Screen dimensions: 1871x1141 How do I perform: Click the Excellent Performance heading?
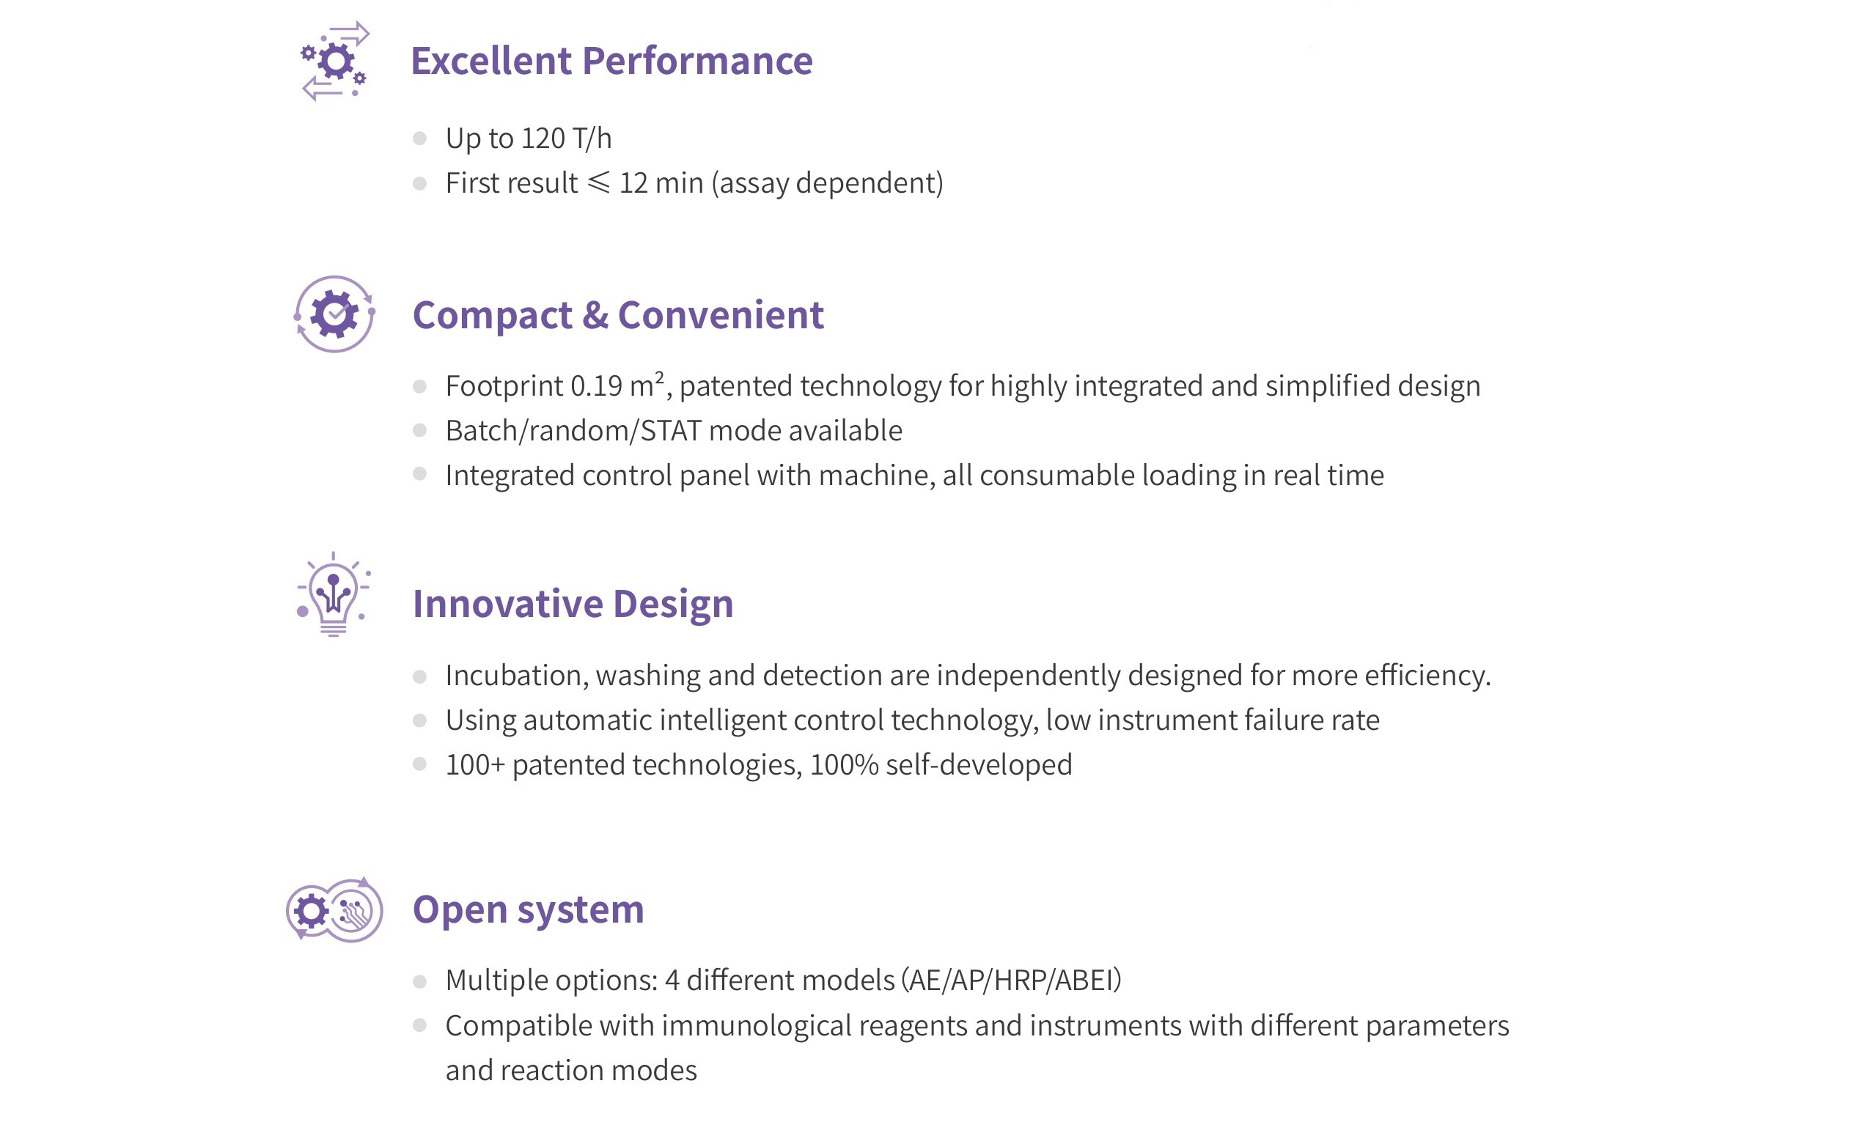point(611,61)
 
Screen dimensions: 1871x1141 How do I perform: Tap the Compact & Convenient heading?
point(618,315)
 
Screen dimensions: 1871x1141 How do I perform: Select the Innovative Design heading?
point(573,605)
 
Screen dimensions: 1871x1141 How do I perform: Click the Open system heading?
point(529,909)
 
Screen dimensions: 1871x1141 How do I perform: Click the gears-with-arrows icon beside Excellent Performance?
point(335,61)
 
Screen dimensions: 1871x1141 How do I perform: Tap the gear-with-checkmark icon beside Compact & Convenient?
point(335,314)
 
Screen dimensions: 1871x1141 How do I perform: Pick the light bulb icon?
point(334,594)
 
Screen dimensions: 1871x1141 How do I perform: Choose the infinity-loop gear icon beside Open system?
point(335,909)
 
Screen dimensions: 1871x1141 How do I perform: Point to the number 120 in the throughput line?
point(543,139)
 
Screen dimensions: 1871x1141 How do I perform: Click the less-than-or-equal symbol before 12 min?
point(598,183)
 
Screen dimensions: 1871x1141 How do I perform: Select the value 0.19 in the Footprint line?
point(597,386)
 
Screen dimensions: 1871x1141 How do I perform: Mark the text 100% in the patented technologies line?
point(845,765)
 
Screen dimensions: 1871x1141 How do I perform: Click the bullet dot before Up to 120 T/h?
point(419,139)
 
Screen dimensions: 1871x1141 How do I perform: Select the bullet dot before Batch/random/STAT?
point(419,430)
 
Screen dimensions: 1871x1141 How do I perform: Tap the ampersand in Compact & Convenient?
point(595,315)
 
